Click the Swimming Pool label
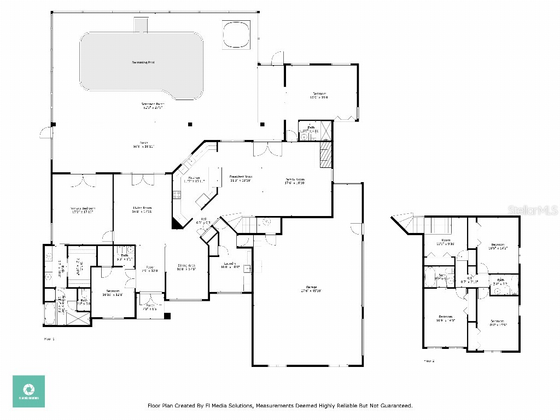[143, 63]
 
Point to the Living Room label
[142, 208]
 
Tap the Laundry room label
[230, 265]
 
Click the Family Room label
[294, 180]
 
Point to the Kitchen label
[195, 179]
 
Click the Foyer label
[149, 269]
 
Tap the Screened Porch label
[153, 104]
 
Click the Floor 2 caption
[429, 361]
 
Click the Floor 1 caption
[49, 339]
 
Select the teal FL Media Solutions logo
[28, 391]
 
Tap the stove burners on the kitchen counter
[177, 194]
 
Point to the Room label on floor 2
[446, 242]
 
